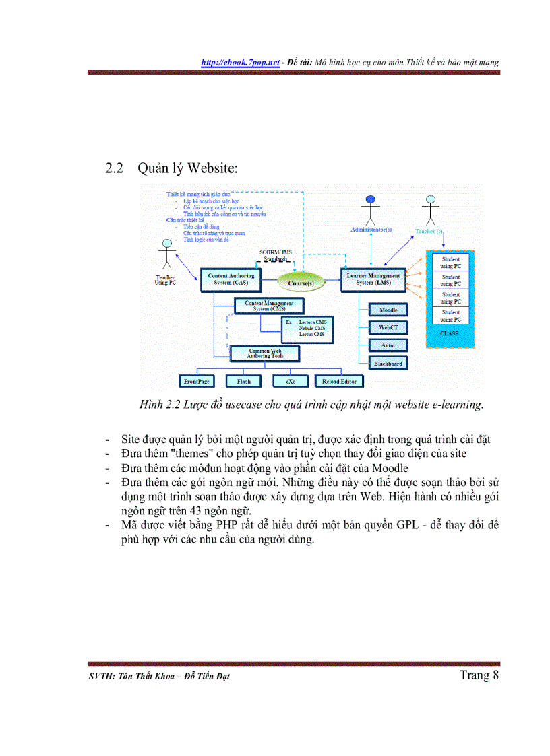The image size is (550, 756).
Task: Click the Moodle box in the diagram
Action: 388,310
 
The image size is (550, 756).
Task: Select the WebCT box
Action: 388,328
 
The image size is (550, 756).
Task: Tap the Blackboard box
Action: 388,364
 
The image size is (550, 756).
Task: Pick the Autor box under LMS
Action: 388,345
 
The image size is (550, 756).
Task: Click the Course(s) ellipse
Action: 301,283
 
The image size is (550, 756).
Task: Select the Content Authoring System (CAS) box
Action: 231,279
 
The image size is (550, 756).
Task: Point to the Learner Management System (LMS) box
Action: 373,279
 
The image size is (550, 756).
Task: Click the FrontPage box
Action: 197,382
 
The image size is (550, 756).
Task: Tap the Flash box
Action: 243,382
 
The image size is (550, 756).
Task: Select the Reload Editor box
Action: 339,382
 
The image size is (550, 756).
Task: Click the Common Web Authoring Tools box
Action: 264,354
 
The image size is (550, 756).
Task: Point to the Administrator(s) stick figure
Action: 369,210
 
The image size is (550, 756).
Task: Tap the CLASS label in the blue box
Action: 450,333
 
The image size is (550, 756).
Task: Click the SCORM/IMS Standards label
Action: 275,255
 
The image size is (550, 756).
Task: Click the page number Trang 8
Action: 479,675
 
